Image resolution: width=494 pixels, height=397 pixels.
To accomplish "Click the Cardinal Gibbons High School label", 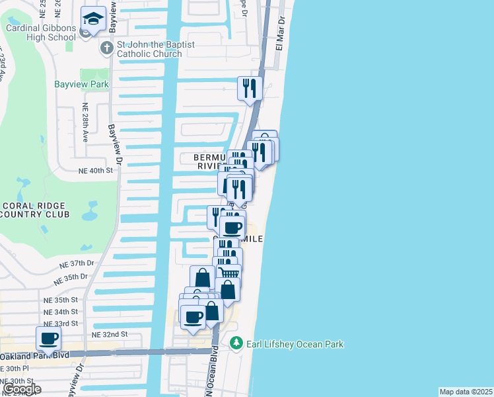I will click(x=41, y=32).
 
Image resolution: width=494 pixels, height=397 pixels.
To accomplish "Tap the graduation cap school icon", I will click(x=93, y=20).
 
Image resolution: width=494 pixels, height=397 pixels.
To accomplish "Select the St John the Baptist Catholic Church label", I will click(x=156, y=49).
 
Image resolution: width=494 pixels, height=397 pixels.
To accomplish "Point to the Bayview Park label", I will click(x=82, y=85).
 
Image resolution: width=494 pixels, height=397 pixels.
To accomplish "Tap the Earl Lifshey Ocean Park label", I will click(x=295, y=344).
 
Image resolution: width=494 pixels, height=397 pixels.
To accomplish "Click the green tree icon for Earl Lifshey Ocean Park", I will click(x=236, y=343).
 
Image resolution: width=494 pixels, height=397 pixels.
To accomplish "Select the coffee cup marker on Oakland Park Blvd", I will click(x=50, y=339).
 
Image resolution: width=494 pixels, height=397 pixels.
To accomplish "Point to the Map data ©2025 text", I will click(x=466, y=392).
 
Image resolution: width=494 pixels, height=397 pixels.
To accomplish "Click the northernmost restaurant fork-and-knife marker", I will click(x=250, y=88).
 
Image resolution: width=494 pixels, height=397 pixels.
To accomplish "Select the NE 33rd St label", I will click(x=61, y=324).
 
